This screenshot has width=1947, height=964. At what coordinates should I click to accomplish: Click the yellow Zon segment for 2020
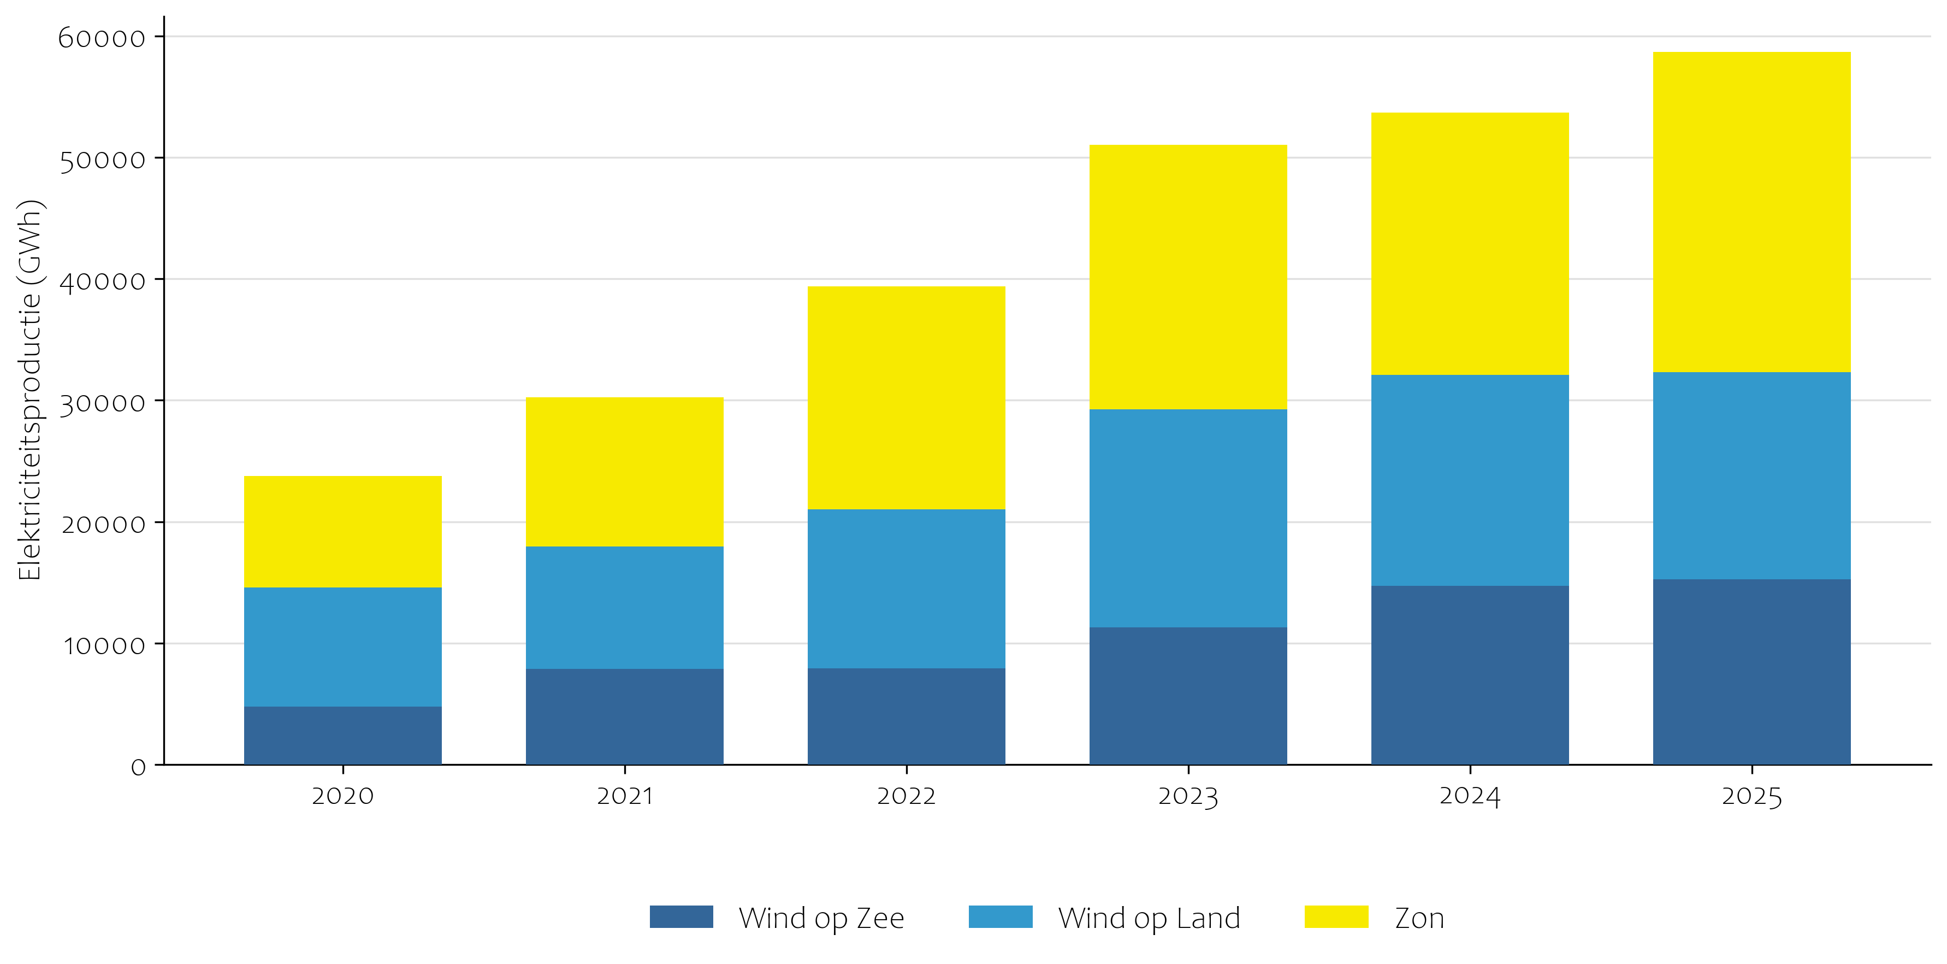point(342,532)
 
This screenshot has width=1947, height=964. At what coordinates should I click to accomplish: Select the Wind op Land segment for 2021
point(624,607)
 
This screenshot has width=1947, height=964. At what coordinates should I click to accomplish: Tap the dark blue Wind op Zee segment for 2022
point(906,716)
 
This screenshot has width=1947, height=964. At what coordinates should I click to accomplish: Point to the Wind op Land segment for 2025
point(1751,475)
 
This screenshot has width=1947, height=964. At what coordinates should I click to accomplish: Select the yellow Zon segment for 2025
point(1751,211)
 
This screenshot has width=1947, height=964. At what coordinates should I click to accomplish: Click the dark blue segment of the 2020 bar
point(342,735)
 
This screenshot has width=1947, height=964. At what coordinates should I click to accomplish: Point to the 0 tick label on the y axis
point(138,767)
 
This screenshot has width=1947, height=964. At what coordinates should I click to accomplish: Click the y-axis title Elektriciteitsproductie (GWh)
point(29,390)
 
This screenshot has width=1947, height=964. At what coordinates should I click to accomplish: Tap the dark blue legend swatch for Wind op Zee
point(681,916)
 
